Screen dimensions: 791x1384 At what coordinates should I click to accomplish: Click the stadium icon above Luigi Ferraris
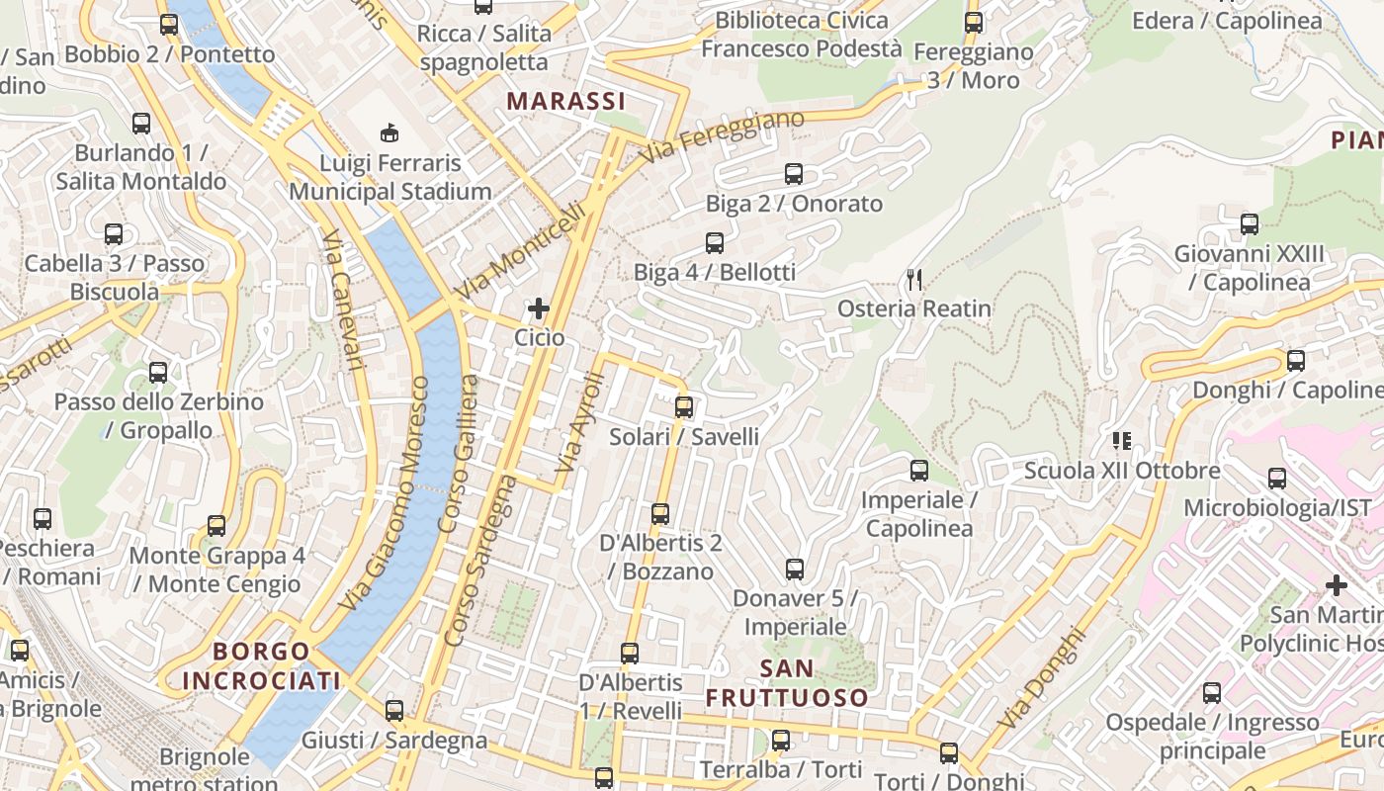tap(390, 132)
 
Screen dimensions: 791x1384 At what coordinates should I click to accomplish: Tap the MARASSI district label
tap(565, 101)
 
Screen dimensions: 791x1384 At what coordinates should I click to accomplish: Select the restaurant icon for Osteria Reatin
tap(914, 280)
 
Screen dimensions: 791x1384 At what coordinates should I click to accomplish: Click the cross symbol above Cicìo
tap(539, 308)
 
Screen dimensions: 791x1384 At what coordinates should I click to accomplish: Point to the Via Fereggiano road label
tap(721, 137)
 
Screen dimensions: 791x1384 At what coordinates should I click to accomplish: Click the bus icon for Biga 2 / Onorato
tap(794, 174)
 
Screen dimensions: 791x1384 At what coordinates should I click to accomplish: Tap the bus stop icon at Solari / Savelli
tap(684, 407)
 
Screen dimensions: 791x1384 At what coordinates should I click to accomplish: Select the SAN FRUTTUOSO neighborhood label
tap(787, 683)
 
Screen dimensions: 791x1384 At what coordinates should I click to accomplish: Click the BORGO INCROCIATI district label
tap(261, 665)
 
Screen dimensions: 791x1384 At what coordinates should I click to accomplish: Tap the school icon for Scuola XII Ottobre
tap(1121, 440)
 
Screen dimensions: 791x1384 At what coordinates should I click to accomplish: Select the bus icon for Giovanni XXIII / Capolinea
tap(1250, 224)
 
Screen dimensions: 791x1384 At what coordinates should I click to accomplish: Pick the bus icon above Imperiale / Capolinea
tap(919, 471)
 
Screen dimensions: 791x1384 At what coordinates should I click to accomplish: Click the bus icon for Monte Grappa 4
tap(216, 526)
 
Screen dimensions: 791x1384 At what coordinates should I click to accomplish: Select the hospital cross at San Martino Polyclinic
tap(1337, 585)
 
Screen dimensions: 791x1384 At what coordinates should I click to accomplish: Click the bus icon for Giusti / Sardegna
tap(394, 710)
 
